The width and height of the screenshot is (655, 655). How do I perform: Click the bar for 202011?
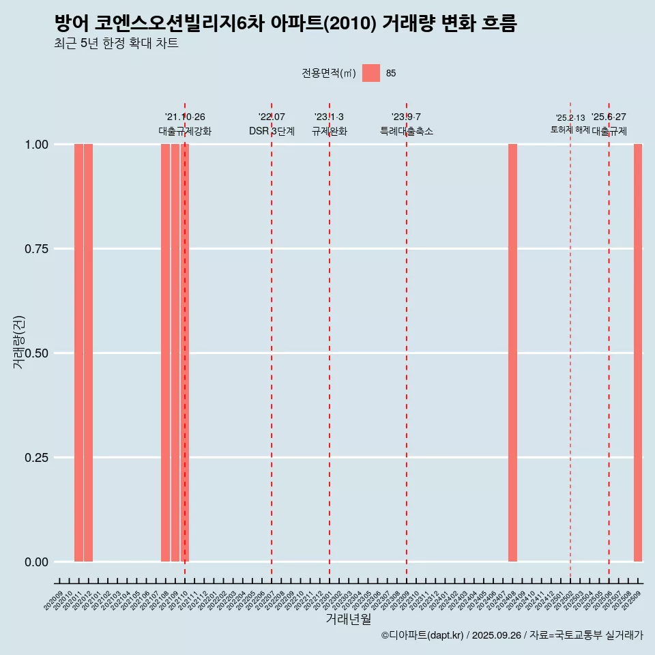click(x=78, y=353)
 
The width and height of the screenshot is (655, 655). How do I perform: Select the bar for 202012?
click(x=88, y=353)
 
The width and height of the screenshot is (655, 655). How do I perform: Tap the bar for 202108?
click(x=165, y=353)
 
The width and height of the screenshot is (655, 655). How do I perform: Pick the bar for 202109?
click(x=175, y=353)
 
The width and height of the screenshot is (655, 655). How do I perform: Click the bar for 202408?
click(x=512, y=353)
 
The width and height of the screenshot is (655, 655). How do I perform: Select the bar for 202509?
click(x=638, y=353)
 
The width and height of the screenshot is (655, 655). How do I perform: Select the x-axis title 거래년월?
click(x=348, y=620)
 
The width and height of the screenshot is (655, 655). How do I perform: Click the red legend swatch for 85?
click(x=370, y=73)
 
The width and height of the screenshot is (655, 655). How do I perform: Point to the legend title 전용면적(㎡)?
click(x=328, y=73)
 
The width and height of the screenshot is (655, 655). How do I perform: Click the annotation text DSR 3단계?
click(x=272, y=131)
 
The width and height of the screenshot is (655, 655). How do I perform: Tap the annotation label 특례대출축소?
click(x=407, y=131)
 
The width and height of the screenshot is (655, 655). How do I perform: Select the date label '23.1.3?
click(x=329, y=117)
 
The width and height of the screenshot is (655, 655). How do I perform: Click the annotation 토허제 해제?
click(x=570, y=130)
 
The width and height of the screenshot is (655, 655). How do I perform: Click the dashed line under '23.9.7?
click(x=407, y=341)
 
